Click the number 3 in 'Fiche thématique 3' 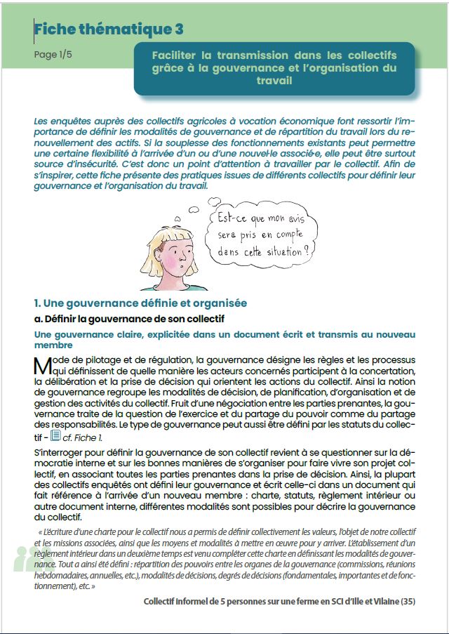pos(179,29)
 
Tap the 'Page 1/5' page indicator pos(53,55)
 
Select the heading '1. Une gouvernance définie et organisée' pos(140,303)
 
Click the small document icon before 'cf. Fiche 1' pos(55,436)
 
